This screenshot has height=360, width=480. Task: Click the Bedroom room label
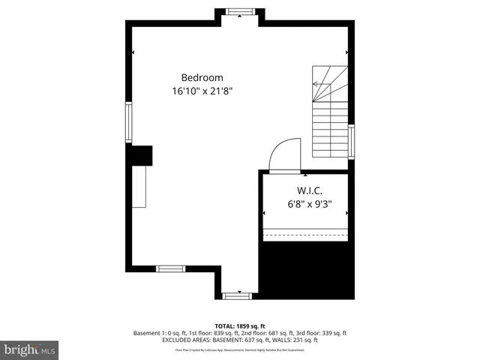[202, 77]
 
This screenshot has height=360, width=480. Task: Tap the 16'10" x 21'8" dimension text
[202, 91]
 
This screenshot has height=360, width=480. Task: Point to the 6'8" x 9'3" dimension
[308, 202]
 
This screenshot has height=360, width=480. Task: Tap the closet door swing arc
[283, 155]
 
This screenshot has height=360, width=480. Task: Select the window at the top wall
[240, 11]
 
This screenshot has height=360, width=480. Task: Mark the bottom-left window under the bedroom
[170, 268]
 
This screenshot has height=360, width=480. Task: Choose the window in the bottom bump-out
[237, 295]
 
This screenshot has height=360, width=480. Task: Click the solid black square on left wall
[141, 155]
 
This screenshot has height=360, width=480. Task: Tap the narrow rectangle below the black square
[139, 187]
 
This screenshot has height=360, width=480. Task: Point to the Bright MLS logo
[30, 349]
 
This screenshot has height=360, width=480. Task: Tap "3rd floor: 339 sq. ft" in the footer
[322, 333]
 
